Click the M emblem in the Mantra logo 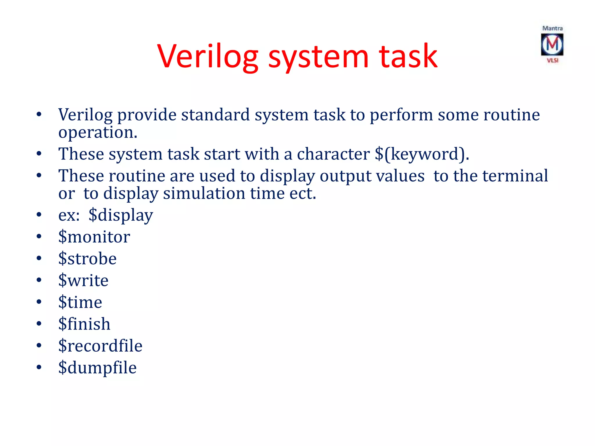(x=552, y=44)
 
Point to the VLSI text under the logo (x=553, y=60)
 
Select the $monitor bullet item (x=94, y=237)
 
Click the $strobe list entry (x=87, y=259)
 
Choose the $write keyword (x=83, y=280)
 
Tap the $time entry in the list (x=80, y=302)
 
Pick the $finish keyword (x=84, y=324)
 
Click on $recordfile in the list (x=100, y=346)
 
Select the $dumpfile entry (x=97, y=368)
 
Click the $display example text (x=121, y=215)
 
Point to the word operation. (x=98, y=132)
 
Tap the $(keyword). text (x=422, y=154)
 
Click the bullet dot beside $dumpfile (x=39, y=367)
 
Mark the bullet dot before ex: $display (x=39, y=215)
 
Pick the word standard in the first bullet (x=216, y=115)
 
